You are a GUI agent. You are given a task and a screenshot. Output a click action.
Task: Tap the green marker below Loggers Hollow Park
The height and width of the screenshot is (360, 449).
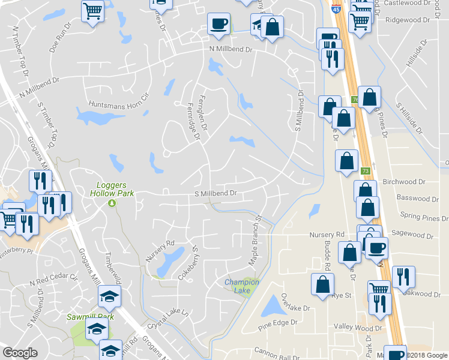click(x=112, y=203)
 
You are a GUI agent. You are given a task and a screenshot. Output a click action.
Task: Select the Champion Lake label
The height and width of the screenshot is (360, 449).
click(x=241, y=286)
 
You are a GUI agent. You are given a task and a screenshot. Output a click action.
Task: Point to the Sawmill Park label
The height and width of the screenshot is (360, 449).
click(x=90, y=317)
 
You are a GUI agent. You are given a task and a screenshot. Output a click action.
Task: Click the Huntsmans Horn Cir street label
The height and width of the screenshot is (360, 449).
click(x=118, y=103)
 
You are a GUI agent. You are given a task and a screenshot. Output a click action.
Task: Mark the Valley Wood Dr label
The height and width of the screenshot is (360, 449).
click(x=358, y=328)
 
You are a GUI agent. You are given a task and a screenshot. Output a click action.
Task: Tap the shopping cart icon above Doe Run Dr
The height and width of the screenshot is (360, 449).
click(x=92, y=10)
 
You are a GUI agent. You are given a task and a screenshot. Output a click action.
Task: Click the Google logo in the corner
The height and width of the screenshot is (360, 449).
click(x=20, y=353)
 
